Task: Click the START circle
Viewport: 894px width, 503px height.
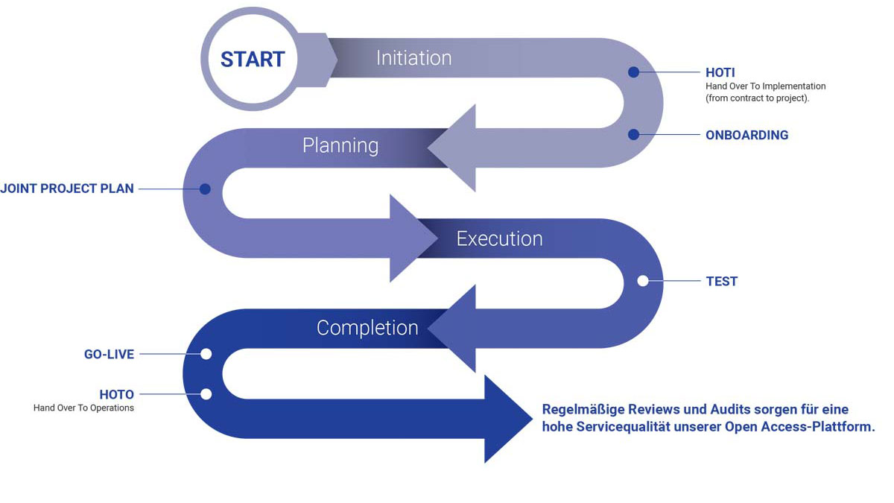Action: coord(253,59)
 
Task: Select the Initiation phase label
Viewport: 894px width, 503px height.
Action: coord(413,58)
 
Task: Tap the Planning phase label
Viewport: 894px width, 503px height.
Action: coord(340,145)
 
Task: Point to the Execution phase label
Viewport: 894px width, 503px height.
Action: coord(499,238)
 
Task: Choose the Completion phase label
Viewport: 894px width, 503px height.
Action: coord(367,328)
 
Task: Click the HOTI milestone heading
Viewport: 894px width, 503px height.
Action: coord(720,72)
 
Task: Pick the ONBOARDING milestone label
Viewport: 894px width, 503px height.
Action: coord(746,135)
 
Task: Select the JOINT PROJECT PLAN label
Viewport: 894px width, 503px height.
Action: coord(67,189)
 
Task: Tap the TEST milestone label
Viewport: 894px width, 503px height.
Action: coord(721,281)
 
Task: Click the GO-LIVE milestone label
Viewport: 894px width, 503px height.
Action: coord(109,354)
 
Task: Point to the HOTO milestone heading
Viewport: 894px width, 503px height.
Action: coord(116,393)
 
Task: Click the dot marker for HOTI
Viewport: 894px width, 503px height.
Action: coord(633,72)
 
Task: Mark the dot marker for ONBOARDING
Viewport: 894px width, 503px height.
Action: coord(633,135)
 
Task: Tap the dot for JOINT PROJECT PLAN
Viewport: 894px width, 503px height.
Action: coord(205,189)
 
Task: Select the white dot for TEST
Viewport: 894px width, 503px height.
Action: coord(643,281)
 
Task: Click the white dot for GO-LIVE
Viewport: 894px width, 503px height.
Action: coord(206,354)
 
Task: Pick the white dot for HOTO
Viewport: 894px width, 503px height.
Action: coord(206,393)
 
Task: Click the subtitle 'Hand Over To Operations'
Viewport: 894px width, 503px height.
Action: coord(83,408)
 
